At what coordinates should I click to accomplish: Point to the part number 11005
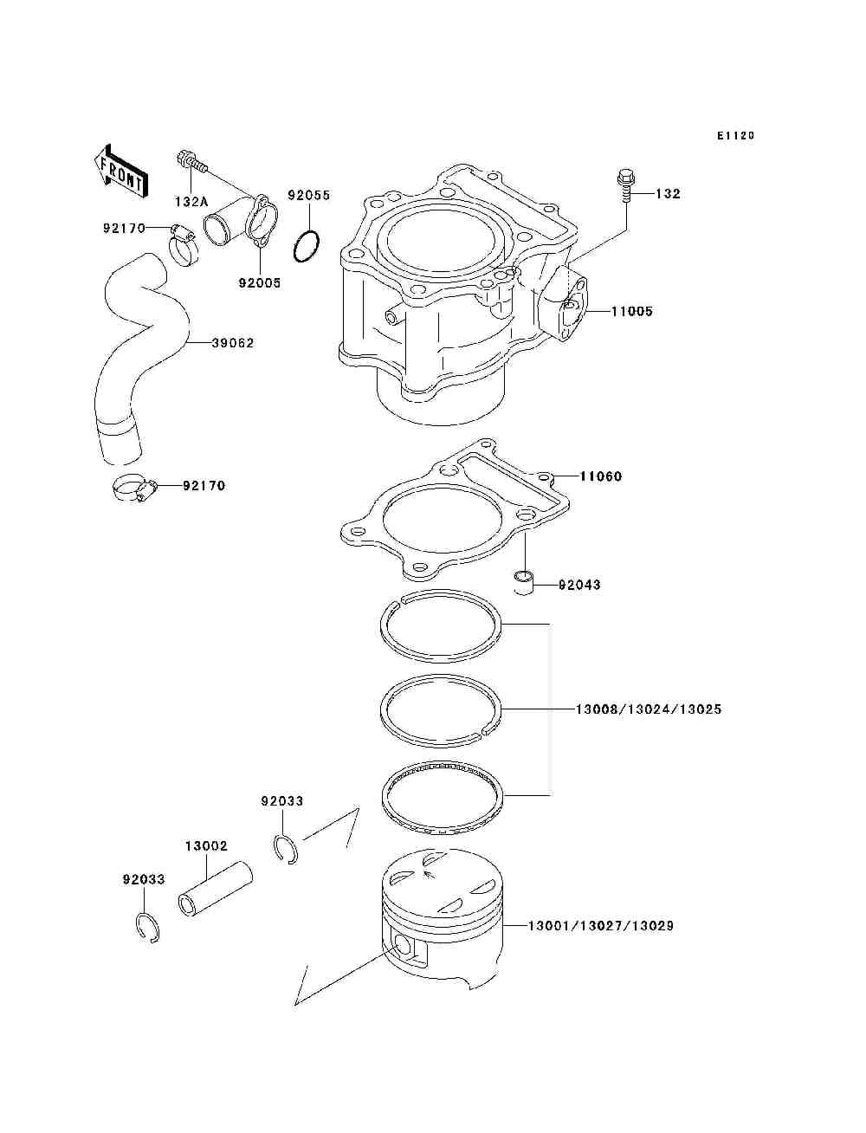point(632,311)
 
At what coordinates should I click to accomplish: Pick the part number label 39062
point(233,343)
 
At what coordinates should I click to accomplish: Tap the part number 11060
point(601,476)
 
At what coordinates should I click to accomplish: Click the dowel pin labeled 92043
point(524,581)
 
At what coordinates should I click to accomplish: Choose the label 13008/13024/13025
point(649,709)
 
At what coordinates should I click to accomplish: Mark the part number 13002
point(205,845)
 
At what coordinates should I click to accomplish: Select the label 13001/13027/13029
point(601,926)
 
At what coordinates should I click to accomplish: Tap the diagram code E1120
point(735,136)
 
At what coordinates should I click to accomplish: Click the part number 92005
point(260,282)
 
